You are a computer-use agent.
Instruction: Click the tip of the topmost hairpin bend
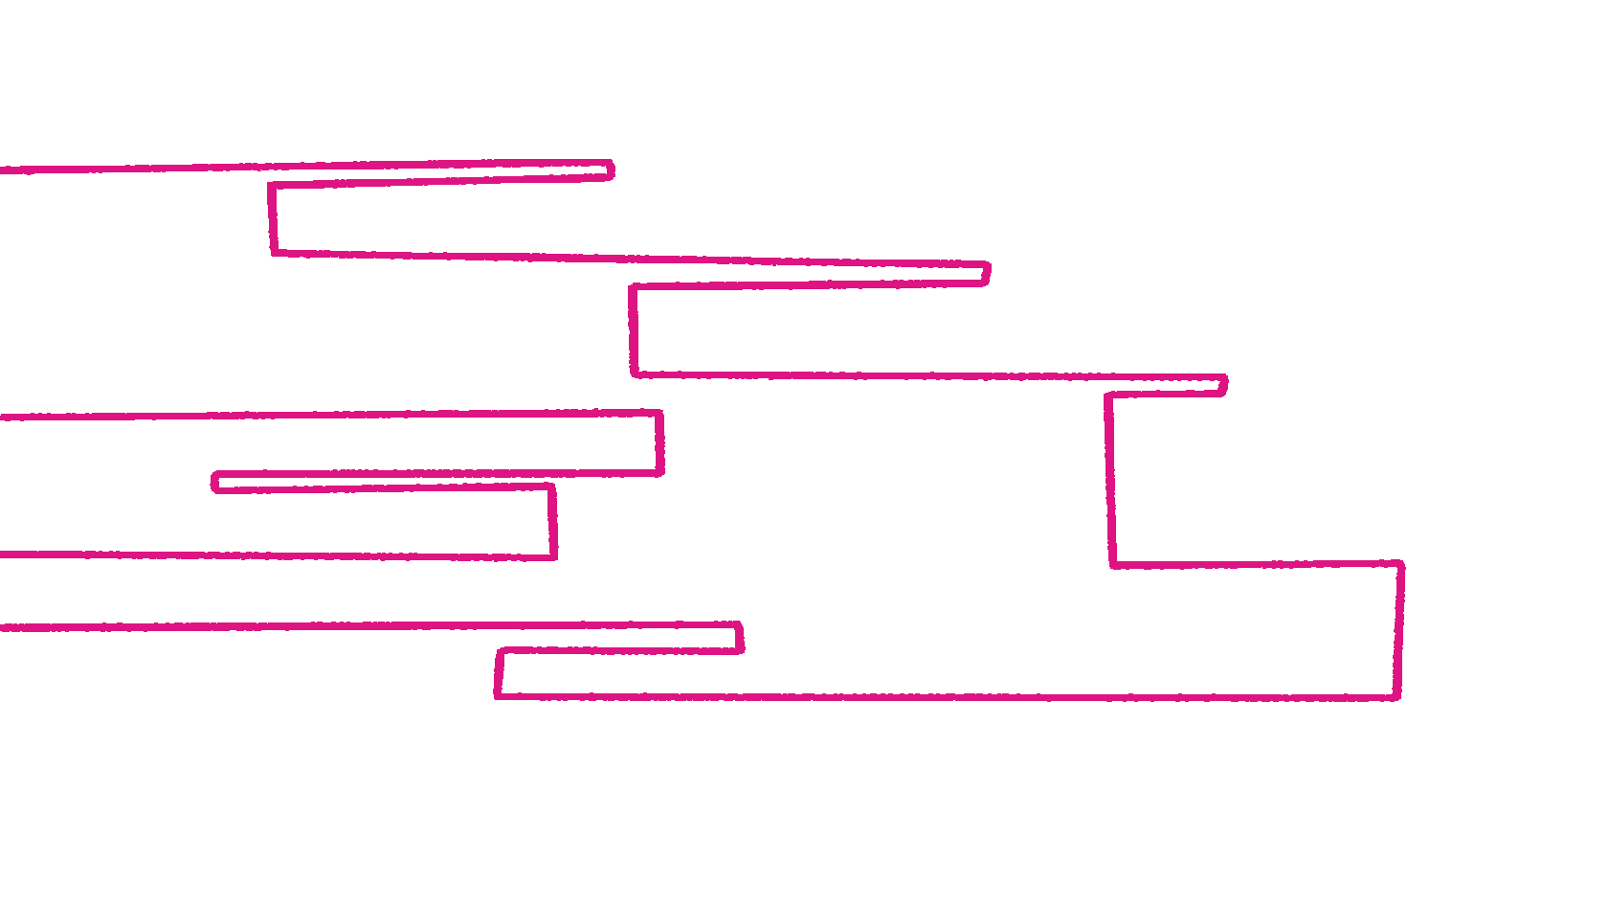pos(612,170)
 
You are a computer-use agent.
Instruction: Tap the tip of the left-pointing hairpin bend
pos(213,482)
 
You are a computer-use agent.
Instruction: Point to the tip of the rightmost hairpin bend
pos(1225,384)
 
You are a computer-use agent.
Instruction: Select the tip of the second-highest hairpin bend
pos(988,273)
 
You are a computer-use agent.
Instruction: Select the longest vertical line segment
pos(1110,479)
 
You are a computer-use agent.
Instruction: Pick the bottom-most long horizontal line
pos(948,696)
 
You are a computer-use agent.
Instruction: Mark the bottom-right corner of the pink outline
pos(1398,696)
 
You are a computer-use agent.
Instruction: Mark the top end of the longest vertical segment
pos(1107,395)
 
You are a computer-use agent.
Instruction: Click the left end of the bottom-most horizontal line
pos(497,696)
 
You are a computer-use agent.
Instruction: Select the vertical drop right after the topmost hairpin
pos(273,218)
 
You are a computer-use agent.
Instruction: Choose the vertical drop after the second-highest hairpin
pos(633,329)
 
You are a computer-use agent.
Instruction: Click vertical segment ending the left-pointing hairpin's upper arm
pos(659,442)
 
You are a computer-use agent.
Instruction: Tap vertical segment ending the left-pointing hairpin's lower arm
pos(552,521)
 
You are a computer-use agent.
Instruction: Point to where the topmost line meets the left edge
pos(2,170)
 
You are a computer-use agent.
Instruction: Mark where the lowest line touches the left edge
pos(2,627)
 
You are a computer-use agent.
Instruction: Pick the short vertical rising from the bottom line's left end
pos(499,673)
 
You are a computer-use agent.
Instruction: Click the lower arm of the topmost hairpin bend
pos(440,180)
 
